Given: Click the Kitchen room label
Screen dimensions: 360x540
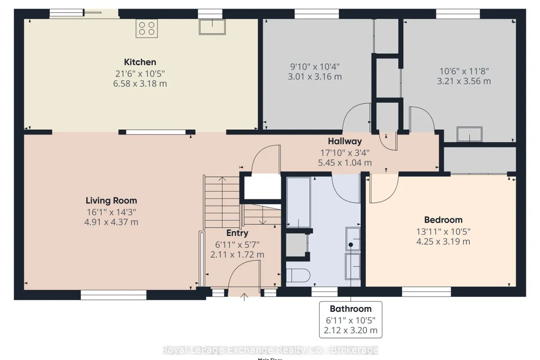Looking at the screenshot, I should tap(140, 62).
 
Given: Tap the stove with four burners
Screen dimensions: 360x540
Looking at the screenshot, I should tap(147, 28).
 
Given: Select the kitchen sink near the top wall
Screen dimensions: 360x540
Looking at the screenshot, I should tap(211, 27).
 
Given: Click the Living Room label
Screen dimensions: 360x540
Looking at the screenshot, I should tap(111, 201).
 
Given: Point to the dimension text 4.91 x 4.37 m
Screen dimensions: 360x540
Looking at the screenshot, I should tap(111, 222).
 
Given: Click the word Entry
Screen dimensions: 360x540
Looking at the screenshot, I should tap(237, 233).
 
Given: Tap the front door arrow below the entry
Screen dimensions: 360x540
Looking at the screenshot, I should tap(245, 297).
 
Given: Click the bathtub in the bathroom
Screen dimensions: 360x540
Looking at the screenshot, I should tap(298, 202).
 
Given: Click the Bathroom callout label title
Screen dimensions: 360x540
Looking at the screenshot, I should tap(351, 309).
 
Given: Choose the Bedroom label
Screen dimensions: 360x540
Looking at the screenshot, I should tap(443, 220).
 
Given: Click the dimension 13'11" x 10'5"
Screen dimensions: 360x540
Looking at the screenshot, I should tap(443, 231).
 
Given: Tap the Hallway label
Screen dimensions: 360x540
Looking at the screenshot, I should tap(345, 141).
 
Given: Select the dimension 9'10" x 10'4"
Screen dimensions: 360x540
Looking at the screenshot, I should tap(315, 66).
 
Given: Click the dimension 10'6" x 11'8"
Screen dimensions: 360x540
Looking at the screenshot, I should tap(463, 71).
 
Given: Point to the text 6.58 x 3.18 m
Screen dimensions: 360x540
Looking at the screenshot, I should tap(140, 84).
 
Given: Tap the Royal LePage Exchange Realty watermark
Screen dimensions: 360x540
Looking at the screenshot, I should tap(270, 350).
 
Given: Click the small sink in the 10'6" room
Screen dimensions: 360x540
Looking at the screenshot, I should tap(469, 134).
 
